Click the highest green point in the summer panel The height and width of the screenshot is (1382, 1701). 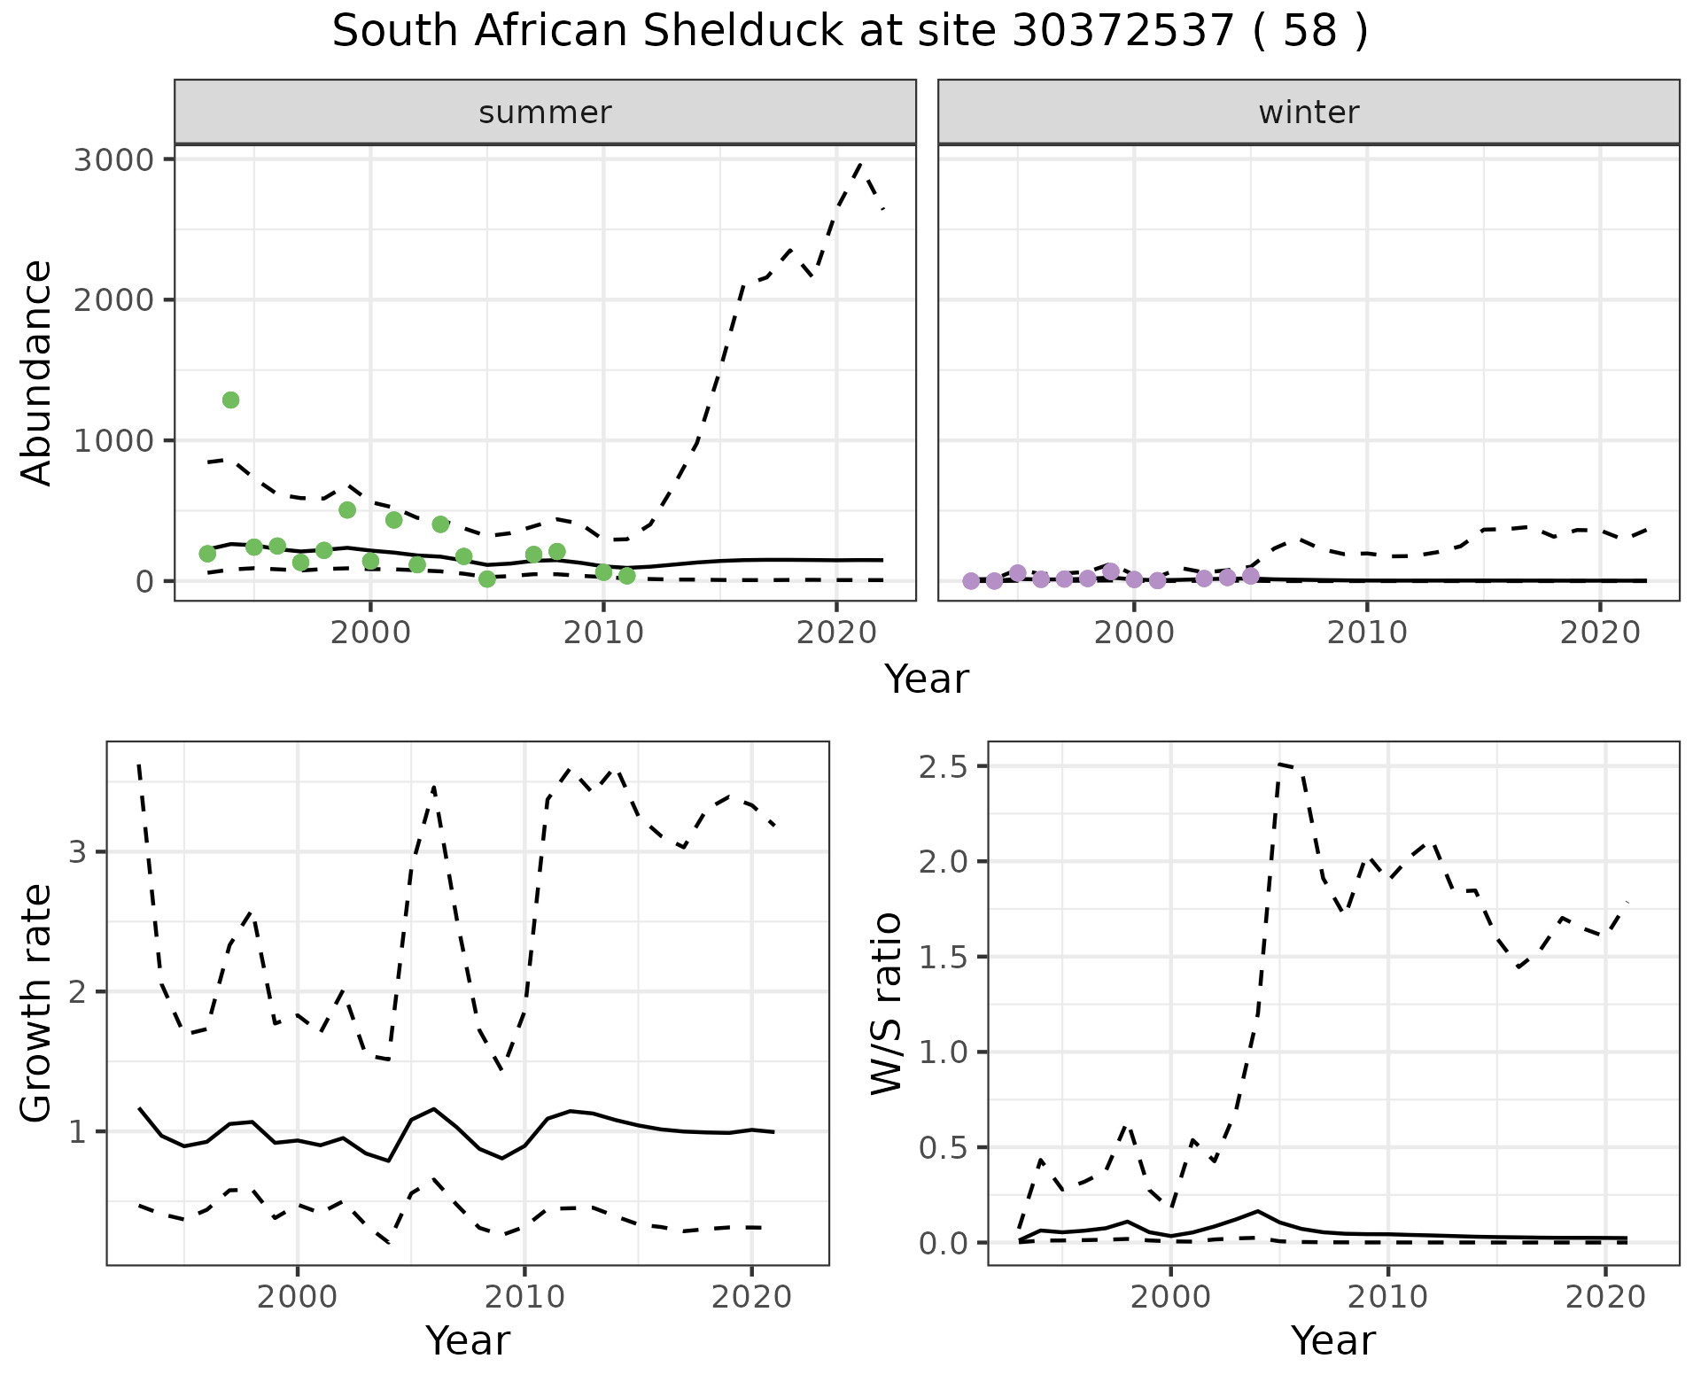[x=230, y=400]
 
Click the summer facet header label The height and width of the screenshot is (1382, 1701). [x=545, y=113]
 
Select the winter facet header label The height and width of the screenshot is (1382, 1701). [x=1309, y=113]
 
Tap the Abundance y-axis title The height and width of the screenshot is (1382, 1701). [x=37, y=372]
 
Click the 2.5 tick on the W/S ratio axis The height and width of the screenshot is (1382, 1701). [x=947, y=766]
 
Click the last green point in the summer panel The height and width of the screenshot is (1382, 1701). [x=626, y=576]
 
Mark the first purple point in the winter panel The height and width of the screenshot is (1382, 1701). [x=971, y=581]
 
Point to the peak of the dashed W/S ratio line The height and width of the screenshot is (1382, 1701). [x=1280, y=764]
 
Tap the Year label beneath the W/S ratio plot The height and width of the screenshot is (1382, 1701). [x=1332, y=1340]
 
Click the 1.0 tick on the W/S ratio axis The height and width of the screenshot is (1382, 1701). [x=947, y=1052]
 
